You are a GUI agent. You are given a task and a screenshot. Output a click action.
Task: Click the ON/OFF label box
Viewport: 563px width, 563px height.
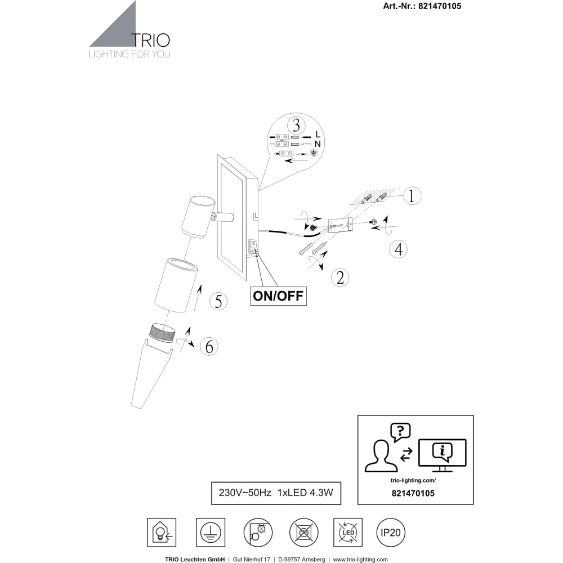pos(278,296)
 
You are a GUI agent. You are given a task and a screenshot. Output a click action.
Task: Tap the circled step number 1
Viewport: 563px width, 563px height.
pos(412,196)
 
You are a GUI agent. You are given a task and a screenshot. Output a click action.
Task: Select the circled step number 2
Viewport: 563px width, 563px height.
pos(340,277)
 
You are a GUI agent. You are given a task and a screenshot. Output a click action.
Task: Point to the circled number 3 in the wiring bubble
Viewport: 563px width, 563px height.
pos(296,126)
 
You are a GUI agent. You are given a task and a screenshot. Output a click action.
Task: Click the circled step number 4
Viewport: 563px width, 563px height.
pos(399,249)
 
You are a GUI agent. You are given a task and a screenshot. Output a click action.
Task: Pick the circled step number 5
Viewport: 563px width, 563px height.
pos(218,301)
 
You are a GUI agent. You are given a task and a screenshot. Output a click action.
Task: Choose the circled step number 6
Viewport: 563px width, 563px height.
pos(209,346)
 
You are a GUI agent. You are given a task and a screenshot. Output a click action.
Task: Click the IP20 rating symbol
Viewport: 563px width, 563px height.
pos(390,533)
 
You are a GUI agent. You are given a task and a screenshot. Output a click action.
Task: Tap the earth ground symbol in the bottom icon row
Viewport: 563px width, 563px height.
pos(211,533)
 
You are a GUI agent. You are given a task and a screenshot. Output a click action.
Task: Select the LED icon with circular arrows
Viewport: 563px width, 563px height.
pos(348,533)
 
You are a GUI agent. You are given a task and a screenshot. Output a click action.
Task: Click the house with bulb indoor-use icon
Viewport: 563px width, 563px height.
pos(162,533)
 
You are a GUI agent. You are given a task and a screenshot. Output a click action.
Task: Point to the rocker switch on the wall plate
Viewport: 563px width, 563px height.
pos(253,247)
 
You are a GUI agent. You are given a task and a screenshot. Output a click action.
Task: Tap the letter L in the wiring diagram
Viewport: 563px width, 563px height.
pos(318,135)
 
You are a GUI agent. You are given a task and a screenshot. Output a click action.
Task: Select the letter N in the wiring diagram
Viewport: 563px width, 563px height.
pos(318,144)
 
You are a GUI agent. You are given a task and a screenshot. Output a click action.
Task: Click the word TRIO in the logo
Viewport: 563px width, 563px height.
pos(150,40)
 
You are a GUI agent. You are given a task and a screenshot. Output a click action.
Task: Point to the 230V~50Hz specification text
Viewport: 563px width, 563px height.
pos(245,493)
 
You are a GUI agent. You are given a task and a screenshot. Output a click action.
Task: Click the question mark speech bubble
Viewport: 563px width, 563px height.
pos(401,432)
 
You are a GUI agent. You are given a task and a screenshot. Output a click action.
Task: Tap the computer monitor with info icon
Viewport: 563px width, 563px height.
pos(443,455)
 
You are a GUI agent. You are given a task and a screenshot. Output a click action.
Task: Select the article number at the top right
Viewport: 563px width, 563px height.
pos(422,6)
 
